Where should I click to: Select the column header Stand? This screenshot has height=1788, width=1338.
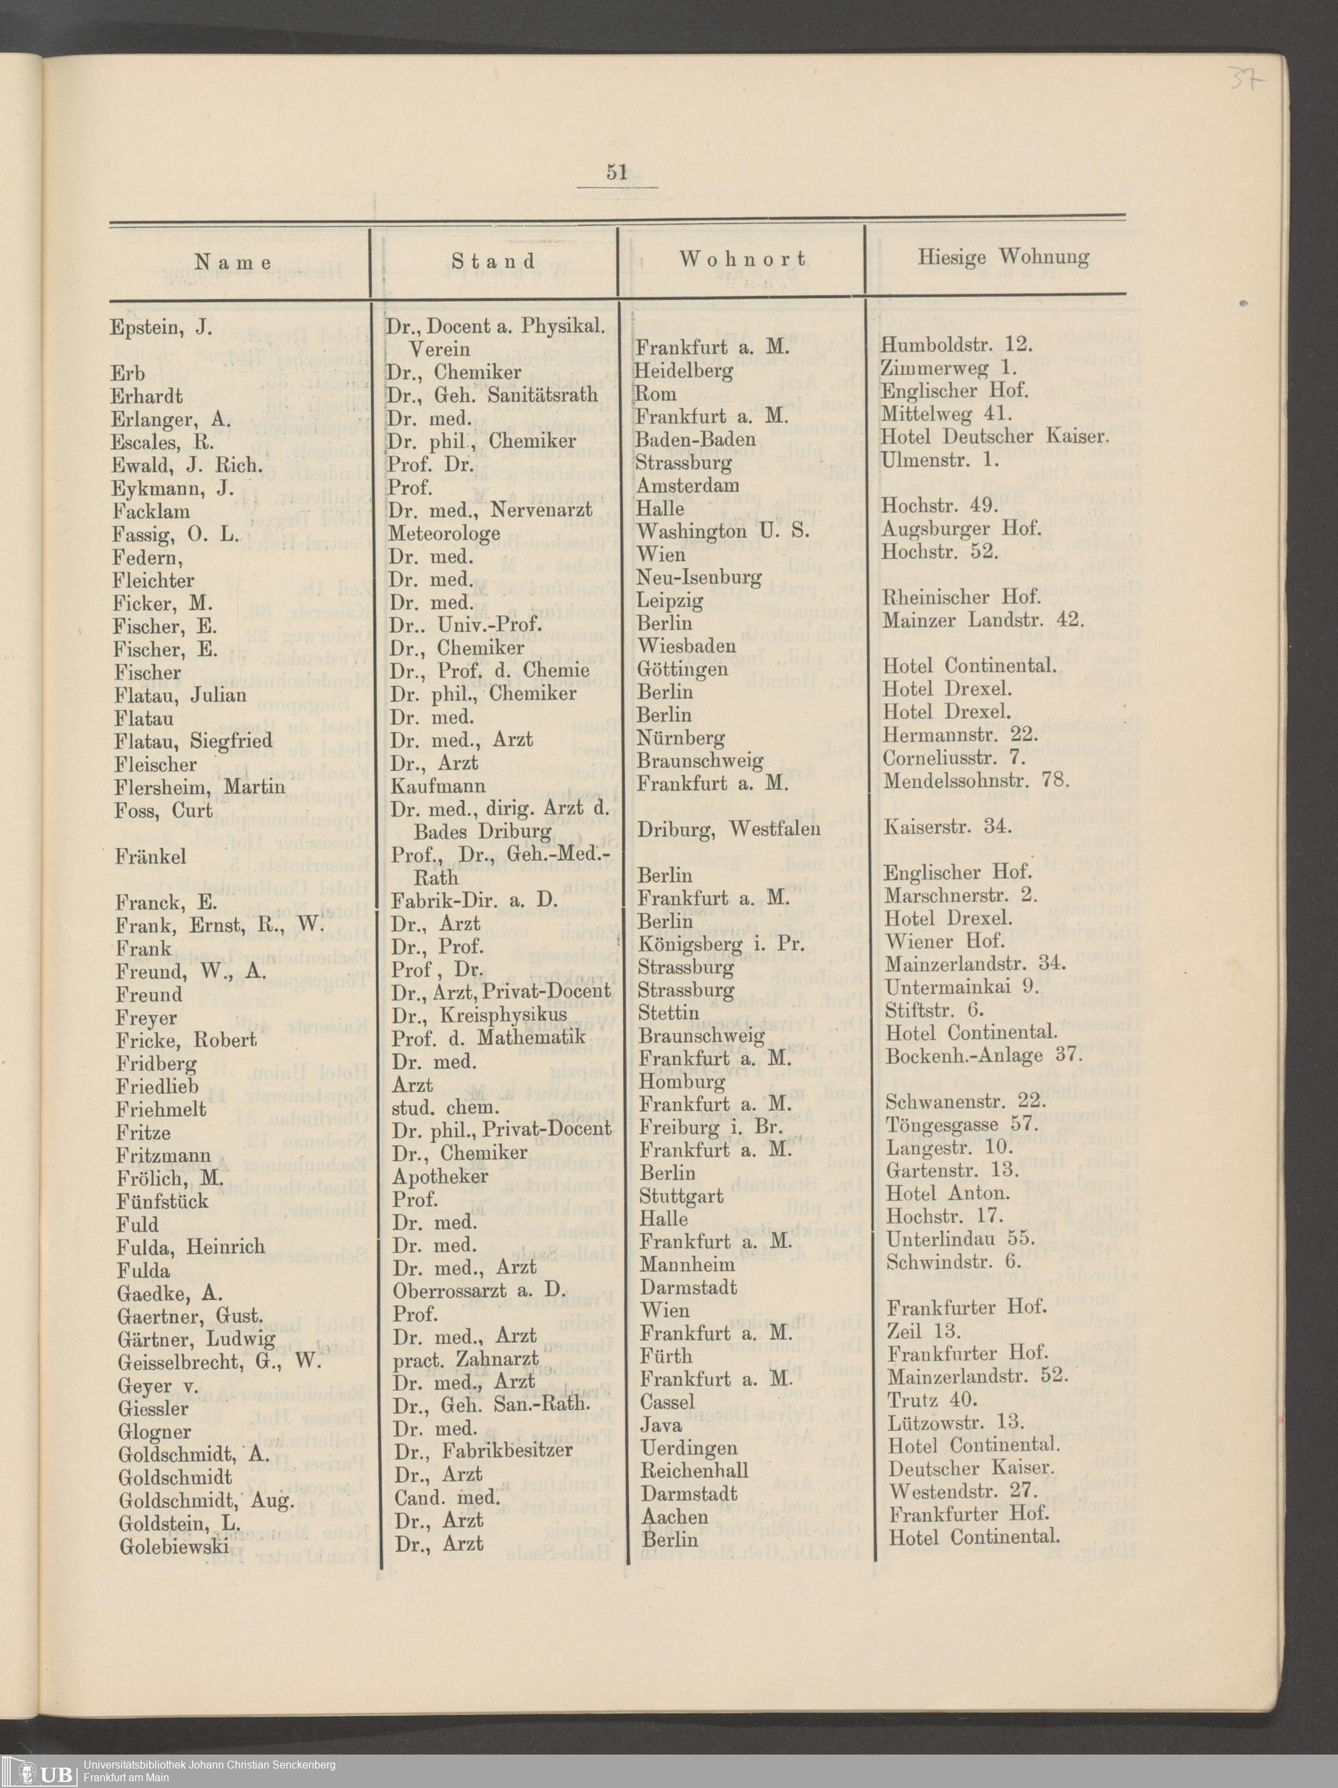pos(493,261)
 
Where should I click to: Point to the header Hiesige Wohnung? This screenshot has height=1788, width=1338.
pos(1003,257)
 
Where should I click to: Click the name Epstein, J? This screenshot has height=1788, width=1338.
pos(161,328)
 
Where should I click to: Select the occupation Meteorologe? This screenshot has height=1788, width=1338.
pos(444,534)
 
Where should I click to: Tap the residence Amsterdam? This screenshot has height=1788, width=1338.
pos(688,486)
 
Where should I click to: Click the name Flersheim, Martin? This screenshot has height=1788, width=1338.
pos(199,787)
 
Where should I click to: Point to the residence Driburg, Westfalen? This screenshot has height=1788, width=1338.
pos(729,829)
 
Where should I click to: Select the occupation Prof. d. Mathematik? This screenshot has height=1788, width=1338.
pos(487,1037)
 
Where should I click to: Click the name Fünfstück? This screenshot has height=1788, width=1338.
pos(163,1201)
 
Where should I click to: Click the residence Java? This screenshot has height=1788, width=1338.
pos(661,1425)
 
